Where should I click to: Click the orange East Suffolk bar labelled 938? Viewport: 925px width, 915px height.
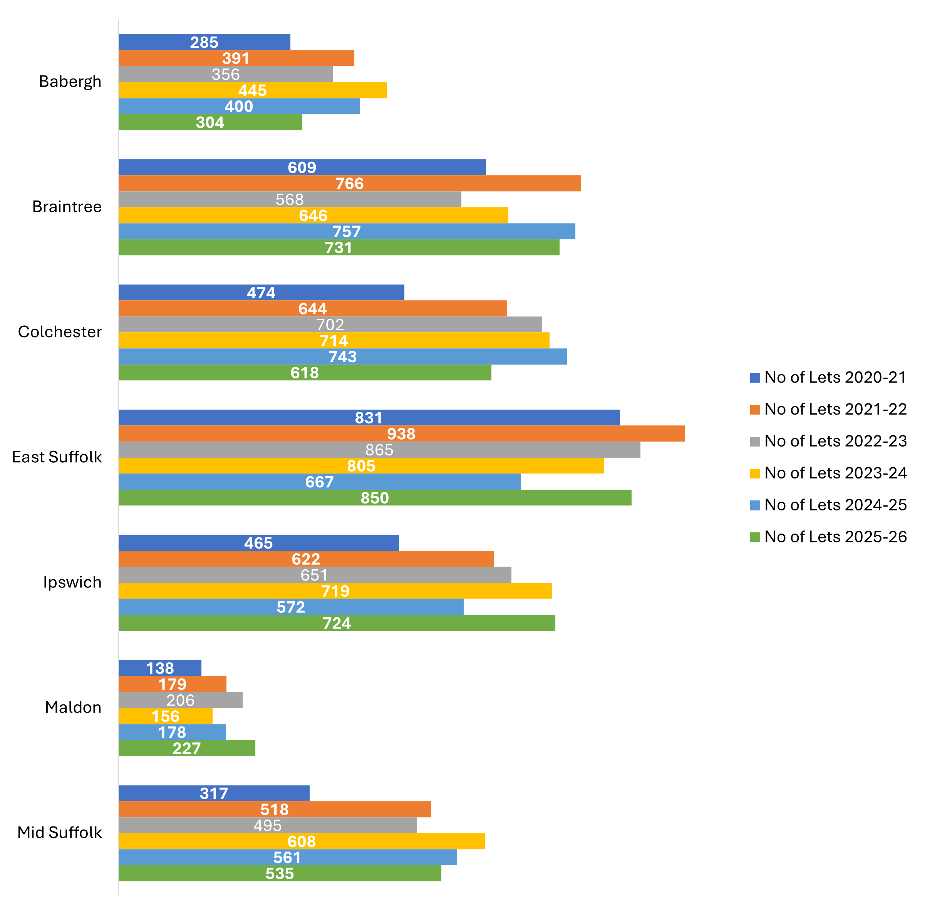[402, 433]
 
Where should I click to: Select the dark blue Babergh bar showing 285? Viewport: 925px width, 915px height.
[204, 42]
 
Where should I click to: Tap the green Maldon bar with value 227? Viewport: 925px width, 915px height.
[187, 748]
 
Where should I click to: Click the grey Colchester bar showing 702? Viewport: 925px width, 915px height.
[330, 325]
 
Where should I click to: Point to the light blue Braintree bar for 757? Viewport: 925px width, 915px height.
[347, 231]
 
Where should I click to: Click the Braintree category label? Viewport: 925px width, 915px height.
[67, 207]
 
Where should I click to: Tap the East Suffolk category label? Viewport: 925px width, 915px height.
[57, 457]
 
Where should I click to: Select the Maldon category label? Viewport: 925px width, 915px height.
[73, 707]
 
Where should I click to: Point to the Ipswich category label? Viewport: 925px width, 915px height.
[72, 582]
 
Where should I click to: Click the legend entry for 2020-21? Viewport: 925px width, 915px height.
[828, 378]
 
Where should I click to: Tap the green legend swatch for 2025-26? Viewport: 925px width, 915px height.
[756, 537]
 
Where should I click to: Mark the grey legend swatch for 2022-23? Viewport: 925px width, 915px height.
[756, 442]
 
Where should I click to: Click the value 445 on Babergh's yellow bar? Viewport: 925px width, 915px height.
[253, 90]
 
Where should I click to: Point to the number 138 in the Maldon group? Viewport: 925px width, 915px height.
[160, 668]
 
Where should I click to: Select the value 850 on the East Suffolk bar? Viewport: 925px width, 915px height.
[375, 498]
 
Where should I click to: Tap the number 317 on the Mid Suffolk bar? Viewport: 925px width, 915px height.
[214, 793]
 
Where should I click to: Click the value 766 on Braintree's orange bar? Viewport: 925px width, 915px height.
[350, 184]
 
